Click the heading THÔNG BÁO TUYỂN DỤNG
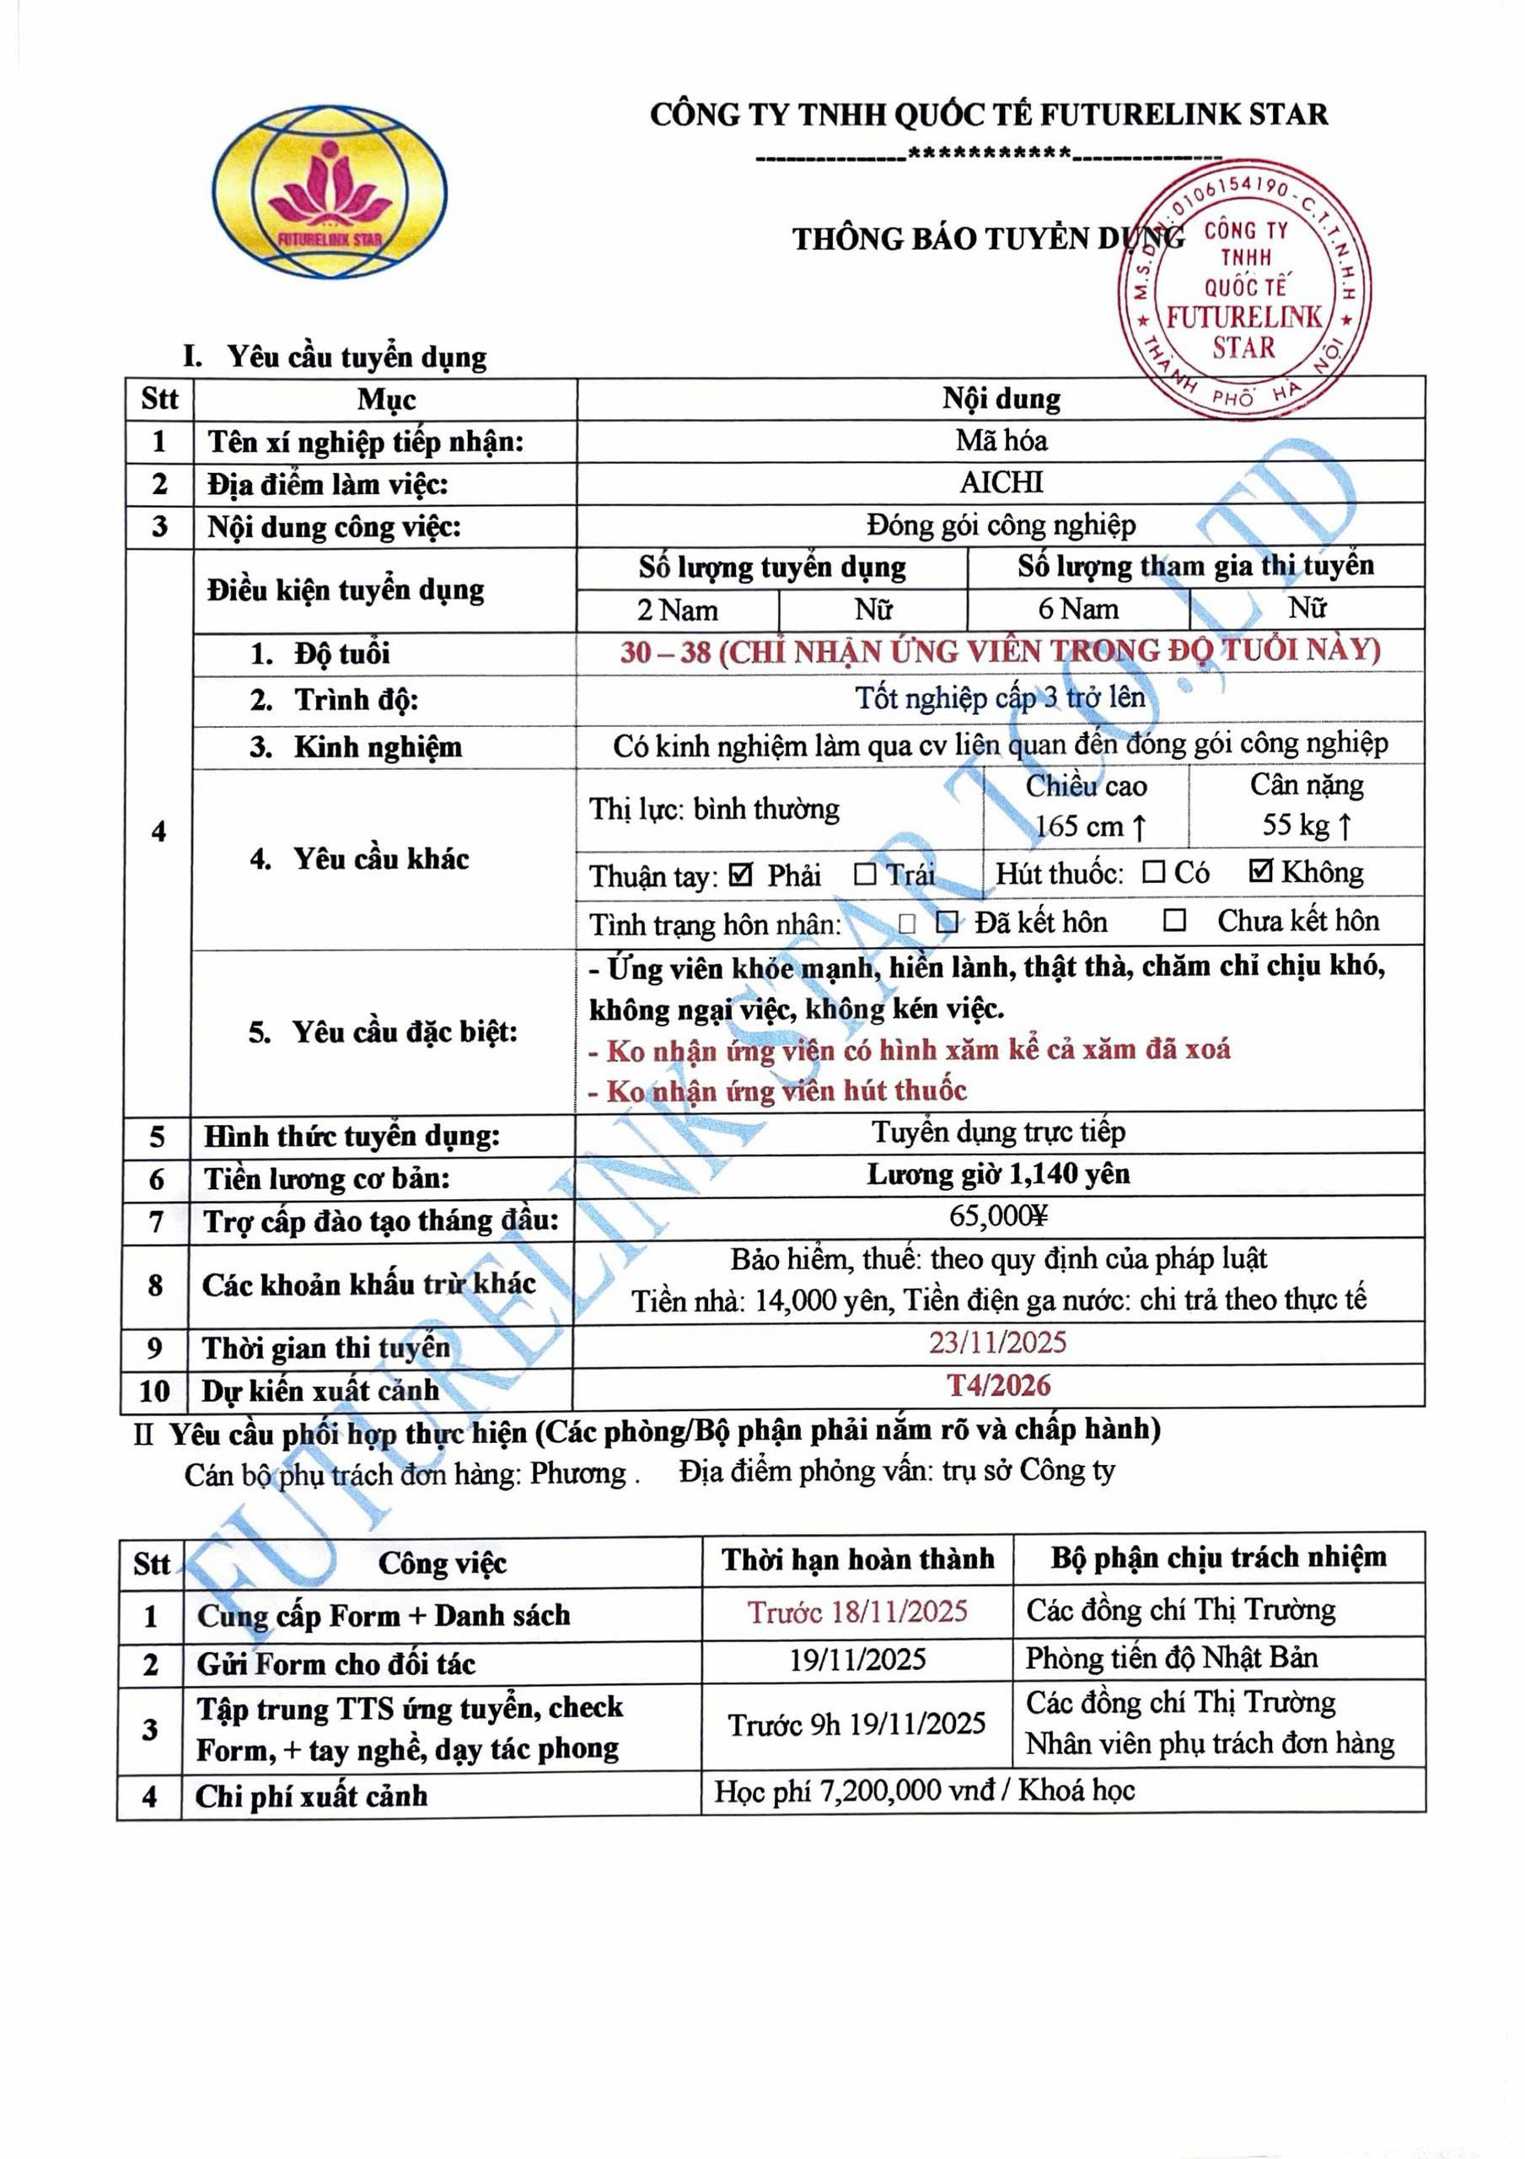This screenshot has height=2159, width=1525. [987, 239]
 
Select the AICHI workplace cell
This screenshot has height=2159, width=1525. [1001, 482]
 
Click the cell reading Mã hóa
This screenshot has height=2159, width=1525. [1001, 440]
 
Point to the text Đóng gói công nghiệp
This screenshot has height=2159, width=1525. [1001, 525]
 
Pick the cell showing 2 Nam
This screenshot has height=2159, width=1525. [677, 611]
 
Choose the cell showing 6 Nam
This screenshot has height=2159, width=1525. [1077, 610]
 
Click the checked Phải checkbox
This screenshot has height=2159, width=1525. [741, 875]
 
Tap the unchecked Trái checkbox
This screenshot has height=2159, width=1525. [865, 875]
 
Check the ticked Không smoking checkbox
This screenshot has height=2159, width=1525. [1261, 872]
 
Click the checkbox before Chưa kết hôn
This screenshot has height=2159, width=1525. [1174, 921]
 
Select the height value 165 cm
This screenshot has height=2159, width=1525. [1090, 826]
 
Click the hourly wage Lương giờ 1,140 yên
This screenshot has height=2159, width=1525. [997, 1175]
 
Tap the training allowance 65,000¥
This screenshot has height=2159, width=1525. [997, 1217]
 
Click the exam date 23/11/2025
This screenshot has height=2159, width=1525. [997, 1343]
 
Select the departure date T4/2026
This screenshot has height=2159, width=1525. [997, 1385]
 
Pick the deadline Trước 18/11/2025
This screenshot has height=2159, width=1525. [857, 1613]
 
